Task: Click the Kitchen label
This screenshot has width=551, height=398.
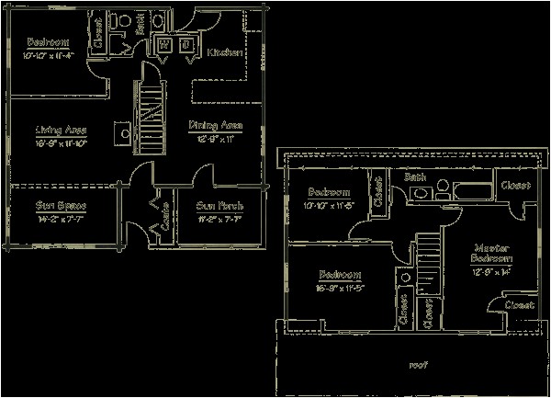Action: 224,53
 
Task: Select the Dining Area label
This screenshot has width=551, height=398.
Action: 215,125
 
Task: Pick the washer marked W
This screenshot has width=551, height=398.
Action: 163,44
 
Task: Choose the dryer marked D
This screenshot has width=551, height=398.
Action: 185,44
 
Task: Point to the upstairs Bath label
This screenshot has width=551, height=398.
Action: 415,176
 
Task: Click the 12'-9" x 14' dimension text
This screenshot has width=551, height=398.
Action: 491,272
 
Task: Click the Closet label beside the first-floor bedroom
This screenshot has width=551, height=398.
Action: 98,34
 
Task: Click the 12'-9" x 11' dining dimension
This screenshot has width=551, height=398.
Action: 214,138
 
